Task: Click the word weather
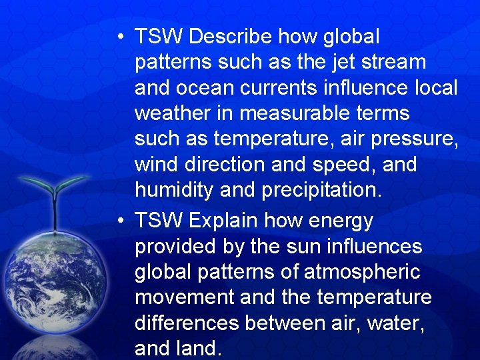pyautogui.click(x=175, y=113)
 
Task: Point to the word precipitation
pyautogui.click(x=322, y=190)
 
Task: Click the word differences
pyautogui.click(x=187, y=323)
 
